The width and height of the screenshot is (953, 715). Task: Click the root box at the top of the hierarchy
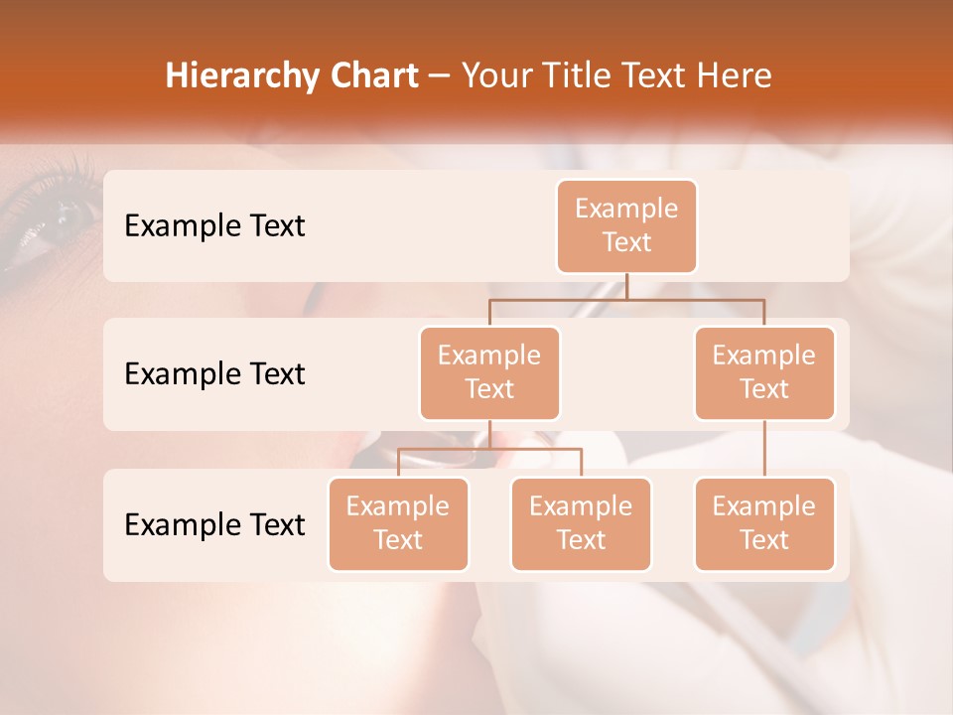(626, 225)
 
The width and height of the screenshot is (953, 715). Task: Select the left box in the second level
(489, 372)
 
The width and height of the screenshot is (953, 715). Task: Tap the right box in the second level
(764, 372)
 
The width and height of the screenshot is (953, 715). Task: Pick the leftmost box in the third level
(398, 523)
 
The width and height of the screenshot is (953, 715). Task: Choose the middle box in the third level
(581, 523)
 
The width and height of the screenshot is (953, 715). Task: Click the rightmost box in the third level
(764, 523)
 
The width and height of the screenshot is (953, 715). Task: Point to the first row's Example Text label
(214, 226)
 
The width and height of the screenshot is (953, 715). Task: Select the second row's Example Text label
(214, 374)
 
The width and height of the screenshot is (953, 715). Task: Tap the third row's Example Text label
(214, 524)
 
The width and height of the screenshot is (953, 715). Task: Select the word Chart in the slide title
(373, 75)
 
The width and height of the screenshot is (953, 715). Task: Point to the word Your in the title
(493, 75)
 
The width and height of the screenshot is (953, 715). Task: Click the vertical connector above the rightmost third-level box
(764, 449)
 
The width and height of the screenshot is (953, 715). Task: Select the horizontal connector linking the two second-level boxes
(626, 299)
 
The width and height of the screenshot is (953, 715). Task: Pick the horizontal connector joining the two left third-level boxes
(489, 449)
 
